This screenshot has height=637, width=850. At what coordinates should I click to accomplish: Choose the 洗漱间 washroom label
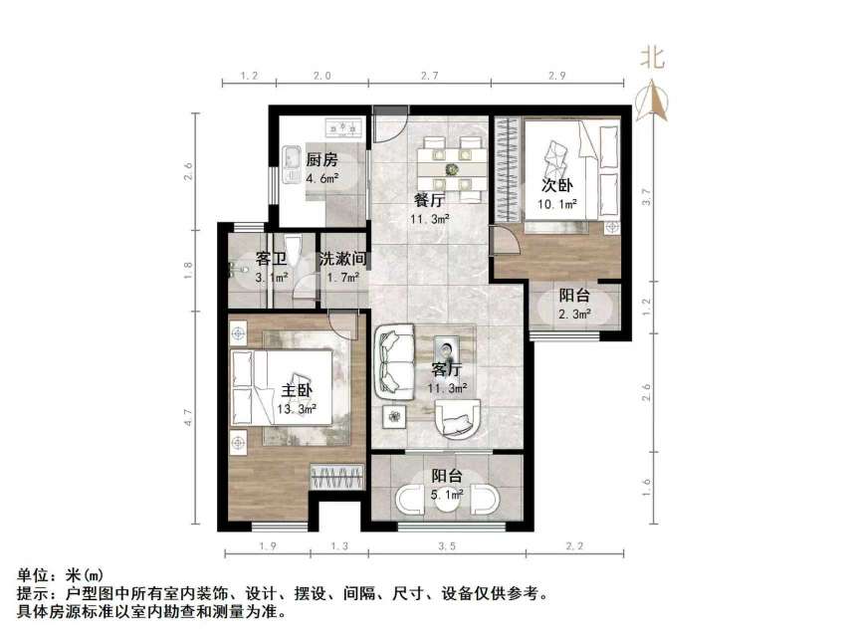(342, 259)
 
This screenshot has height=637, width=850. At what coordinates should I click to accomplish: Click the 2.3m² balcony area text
(574, 314)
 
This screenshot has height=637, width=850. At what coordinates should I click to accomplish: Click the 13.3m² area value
(296, 408)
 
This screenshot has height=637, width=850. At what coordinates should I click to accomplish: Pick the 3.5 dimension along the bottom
(447, 546)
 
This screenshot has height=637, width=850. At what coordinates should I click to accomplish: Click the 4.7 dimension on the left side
(188, 422)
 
